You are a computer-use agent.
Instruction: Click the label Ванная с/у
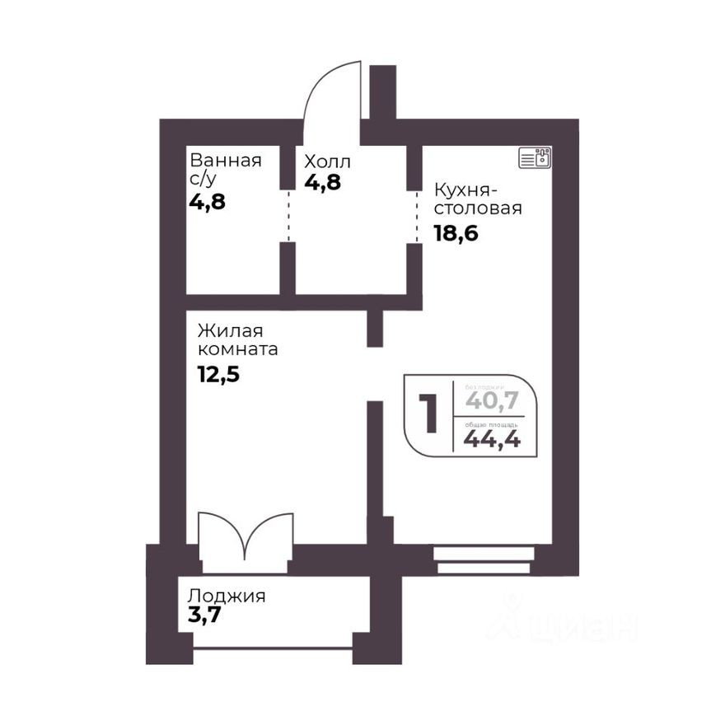[x=225, y=169]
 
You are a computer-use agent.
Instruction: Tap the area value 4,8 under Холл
[x=323, y=181]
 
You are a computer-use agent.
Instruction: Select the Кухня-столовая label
[x=478, y=199]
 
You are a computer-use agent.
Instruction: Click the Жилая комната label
[x=237, y=340]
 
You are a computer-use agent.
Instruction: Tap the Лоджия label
[x=227, y=596]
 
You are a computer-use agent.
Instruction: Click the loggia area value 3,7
[x=205, y=615]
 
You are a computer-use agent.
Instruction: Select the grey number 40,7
[x=492, y=400]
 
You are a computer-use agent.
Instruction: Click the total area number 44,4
[x=492, y=439]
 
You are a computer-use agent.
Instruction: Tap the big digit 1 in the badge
[x=428, y=414]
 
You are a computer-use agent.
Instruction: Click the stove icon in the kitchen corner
[x=536, y=157]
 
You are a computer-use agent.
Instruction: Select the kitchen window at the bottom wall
[x=483, y=559]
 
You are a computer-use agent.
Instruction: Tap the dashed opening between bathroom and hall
[x=288, y=216]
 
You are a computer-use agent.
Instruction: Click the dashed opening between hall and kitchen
[x=414, y=216]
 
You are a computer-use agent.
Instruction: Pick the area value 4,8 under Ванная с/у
[x=207, y=202]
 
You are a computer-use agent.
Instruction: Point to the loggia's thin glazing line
[x=273, y=648]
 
